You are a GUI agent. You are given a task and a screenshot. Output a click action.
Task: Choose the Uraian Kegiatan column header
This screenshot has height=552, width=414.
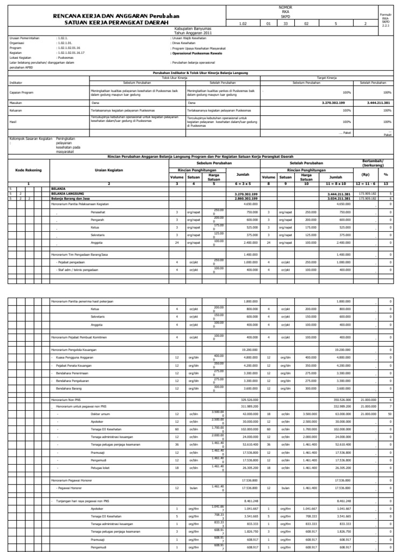pos(109,169)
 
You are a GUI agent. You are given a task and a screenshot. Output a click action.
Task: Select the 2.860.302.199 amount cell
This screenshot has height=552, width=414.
pos(247,198)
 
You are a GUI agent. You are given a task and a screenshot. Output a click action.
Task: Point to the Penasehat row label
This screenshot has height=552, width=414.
pos(98,212)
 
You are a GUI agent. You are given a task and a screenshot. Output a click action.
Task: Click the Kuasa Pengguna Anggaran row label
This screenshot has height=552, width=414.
pos(77,357)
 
